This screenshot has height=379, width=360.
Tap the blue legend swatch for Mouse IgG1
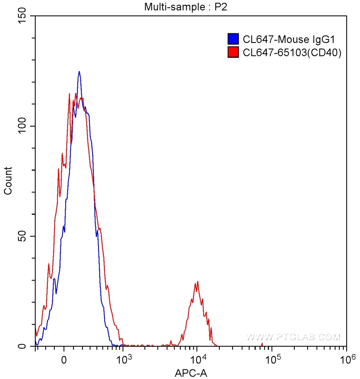(233, 39)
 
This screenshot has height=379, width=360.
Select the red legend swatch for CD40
(233, 53)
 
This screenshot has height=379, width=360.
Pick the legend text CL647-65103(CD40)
(292, 53)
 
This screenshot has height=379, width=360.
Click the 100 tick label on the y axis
(22, 126)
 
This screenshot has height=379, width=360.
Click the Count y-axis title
(8, 181)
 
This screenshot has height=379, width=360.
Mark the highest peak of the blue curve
(79, 72)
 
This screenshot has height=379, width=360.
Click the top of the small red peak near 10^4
(198, 282)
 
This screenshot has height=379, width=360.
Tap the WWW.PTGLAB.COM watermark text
(293, 337)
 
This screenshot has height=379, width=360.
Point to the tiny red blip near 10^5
(262, 345)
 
